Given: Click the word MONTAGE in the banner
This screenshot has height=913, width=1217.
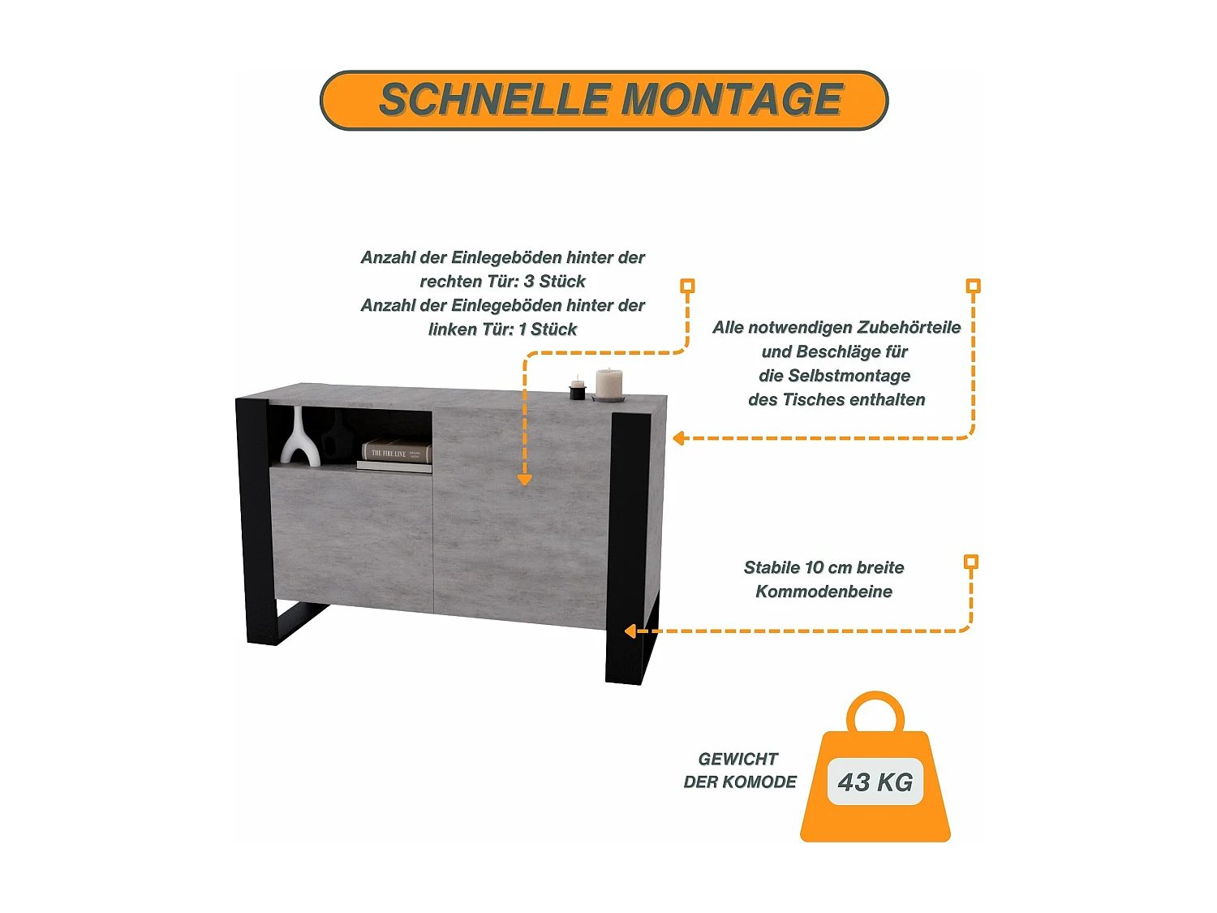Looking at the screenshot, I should pyautogui.click(x=732, y=100).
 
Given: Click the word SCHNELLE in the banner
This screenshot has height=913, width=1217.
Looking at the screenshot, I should pyautogui.click(x=494, y=100).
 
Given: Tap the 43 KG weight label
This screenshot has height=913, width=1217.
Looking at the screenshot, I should pyautogui.click(x=875, y=782).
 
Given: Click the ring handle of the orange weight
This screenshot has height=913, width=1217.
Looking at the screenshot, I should pyautogui.click(x=875, y=712).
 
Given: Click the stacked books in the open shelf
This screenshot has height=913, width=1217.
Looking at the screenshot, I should pyautogui.click(x=395, y=455).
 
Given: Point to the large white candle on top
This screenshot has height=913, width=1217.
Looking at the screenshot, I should pyautogui.click(x=608, y=383).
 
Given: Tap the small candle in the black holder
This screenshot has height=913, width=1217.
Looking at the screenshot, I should pyautogui.click(x=578, y=389).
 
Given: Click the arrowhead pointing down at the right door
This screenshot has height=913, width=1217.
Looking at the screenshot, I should pyautogui.click(x=525, y=480).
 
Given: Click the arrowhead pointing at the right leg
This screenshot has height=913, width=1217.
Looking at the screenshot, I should pyautogui.click(x=630, y=631).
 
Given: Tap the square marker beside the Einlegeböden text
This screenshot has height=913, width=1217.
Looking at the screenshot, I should pyautogui.click(x=687, y=286).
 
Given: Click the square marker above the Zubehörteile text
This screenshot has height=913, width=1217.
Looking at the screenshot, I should pyautogui.click(x=973, y=286).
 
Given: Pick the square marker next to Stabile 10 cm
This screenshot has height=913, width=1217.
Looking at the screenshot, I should pyautogui.click(x=970, y=562).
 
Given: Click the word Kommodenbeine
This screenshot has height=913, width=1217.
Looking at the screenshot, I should pyautogui.click(x=824, y=592).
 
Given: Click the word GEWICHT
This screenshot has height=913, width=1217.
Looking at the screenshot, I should pyautogui.click(x=738, y=759).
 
